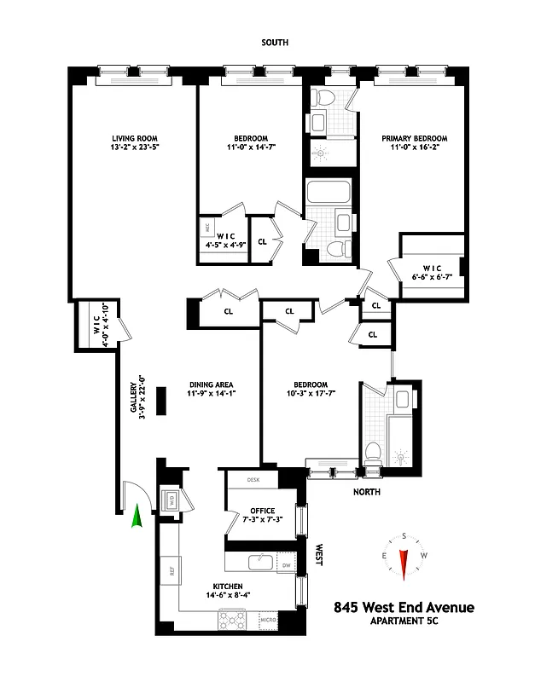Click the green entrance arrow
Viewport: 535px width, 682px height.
pyautogui.click(x=136, y=517)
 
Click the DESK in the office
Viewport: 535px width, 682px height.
pyautogui.click(x=253, y=480)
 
